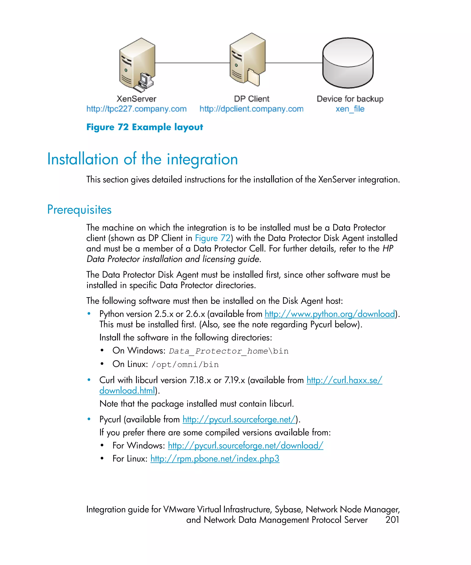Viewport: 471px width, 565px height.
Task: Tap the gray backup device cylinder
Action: tap(348, 63)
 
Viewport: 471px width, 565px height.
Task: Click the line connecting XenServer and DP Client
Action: tap(192, 63)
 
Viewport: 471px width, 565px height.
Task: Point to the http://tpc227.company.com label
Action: tap(136, 109)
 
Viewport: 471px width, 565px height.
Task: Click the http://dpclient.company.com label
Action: tap(251, 109)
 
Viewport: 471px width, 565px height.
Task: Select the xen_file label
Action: tap(350, 109)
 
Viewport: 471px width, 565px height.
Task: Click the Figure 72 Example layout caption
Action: tap(144, 127)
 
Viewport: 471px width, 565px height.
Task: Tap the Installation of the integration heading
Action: tap(142, 159)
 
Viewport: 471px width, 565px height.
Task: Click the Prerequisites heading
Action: tap(79, 210)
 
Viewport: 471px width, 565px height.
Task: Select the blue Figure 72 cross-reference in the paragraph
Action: tap(213, 238)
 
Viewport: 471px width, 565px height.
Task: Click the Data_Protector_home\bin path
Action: tap(229, 351)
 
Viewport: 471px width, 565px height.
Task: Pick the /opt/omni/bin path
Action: tap(185, 365)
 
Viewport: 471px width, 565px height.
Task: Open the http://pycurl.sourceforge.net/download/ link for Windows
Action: tap(245, 445)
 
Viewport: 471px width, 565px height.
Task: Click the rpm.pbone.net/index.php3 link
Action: tap(215, 459)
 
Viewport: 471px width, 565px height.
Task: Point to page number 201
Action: tap(392, 520)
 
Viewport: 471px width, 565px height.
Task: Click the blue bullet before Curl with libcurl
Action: tap(89, 380)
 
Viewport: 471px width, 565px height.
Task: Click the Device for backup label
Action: tap(350, 99)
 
